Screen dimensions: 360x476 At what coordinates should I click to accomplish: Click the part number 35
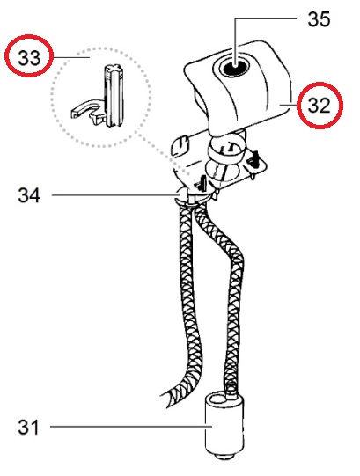319,19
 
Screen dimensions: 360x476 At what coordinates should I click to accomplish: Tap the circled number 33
29,57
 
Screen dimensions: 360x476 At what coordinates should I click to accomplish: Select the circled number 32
319,106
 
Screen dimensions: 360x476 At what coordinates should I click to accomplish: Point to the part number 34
29,195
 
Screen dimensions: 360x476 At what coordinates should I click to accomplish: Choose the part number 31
28,427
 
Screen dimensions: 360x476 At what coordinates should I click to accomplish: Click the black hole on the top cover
234,67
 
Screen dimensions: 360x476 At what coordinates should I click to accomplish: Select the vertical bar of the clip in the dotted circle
114,95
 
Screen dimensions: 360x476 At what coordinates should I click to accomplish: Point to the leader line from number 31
131,427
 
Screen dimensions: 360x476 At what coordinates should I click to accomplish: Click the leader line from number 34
116,195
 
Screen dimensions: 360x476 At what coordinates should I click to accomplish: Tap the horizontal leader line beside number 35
265,18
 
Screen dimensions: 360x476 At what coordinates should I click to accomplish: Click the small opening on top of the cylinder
216,398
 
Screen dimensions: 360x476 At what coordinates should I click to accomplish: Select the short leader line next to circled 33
71,57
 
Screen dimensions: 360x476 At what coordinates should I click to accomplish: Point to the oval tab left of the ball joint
180,146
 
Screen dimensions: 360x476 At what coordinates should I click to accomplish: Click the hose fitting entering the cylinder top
231,389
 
